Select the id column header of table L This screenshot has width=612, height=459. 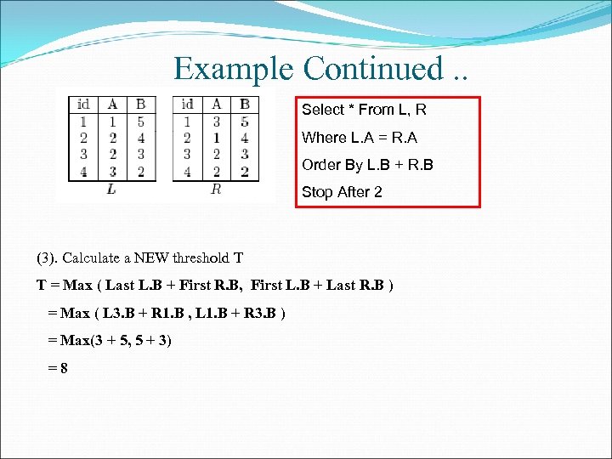point(83,105)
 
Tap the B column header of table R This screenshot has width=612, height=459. point(245,105)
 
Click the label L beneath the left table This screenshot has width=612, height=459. point(112,189)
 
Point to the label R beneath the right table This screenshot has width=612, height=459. point(216,189)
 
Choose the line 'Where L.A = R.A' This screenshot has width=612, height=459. point(359,138)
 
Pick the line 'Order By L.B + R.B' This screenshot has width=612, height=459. point(367,165)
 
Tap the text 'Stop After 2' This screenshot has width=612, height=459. point(342,192)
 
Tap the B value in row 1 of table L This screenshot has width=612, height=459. point(140,122)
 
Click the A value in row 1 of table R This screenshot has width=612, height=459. point(216,122)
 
